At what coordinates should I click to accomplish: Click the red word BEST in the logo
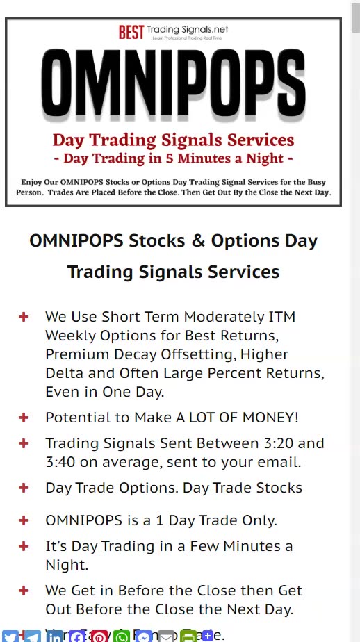pos(131,31)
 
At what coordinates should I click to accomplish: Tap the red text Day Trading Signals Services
pos(173,140)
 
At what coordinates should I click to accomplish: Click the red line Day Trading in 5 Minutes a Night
pos(173,158)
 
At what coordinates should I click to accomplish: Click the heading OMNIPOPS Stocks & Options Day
pos(173,241)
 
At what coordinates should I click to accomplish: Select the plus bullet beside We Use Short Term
pos(24,317)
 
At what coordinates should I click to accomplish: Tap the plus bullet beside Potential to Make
pos(24,418)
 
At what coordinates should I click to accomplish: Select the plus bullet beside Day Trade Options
pos(24,488)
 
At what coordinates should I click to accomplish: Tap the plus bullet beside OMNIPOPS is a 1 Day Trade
pos(24,520)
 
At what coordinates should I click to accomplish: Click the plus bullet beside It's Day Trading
pos(24,546)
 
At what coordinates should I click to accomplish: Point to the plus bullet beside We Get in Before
pos(24,591)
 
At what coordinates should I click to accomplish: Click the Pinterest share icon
pos(99,636)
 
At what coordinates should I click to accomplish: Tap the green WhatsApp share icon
pos(122,636)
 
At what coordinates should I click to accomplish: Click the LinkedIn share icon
pos(55,636)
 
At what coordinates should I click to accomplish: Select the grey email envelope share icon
pos(166,636)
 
